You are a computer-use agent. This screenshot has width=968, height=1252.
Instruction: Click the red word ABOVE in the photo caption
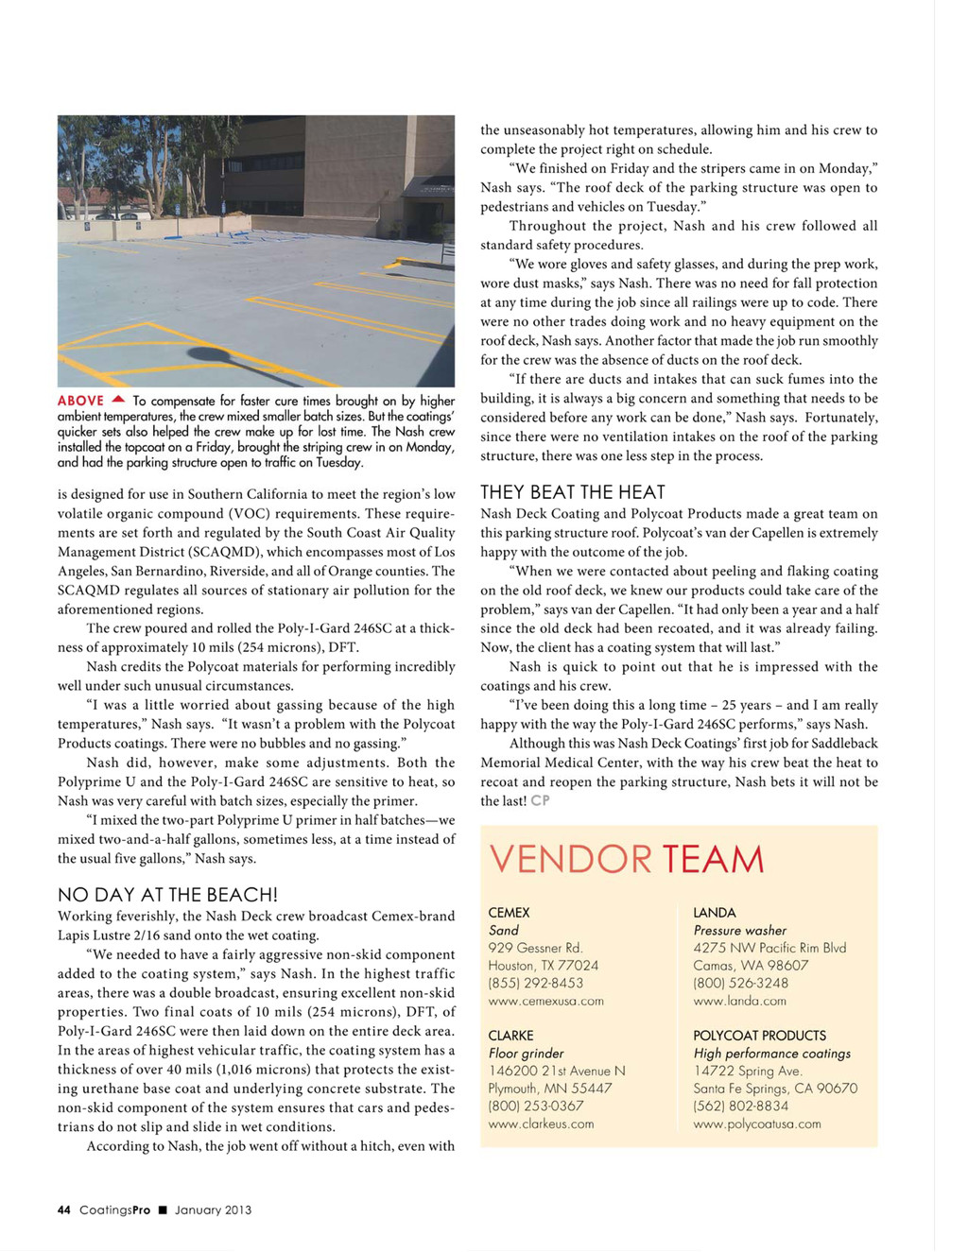point(80,401)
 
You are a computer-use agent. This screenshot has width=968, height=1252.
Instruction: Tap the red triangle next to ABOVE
point(118,400)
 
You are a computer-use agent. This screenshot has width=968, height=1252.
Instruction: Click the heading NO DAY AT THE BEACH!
point(167,895)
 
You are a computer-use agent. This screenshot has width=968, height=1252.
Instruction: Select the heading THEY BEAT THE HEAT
point(572,492)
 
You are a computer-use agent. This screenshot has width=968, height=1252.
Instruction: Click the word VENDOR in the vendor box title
point(570,859)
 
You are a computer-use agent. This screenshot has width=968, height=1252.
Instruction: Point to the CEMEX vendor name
point(509,913)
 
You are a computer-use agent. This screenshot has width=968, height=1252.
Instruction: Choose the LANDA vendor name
point(714,913)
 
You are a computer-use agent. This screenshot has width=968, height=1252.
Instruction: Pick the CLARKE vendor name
point(510,1036)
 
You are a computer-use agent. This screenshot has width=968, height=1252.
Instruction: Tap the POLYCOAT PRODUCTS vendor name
point(759,1036)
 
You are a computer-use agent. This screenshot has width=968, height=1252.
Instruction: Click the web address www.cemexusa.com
point(545,1001)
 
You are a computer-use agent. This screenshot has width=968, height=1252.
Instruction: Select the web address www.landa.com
point(739,1001)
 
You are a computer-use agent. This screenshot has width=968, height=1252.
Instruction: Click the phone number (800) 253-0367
point(535,1106)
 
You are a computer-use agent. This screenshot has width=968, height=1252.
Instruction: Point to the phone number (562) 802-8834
point(740,1106)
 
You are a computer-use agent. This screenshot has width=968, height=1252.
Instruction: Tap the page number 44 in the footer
point(63,1209)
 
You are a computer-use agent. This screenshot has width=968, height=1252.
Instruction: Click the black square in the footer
point(163,1209)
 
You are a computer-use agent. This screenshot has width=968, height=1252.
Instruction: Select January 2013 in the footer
point(213,1209)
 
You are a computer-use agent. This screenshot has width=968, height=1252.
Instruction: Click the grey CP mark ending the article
point(540,800)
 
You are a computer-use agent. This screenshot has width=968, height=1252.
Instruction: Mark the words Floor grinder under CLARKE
point(526,1054)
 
